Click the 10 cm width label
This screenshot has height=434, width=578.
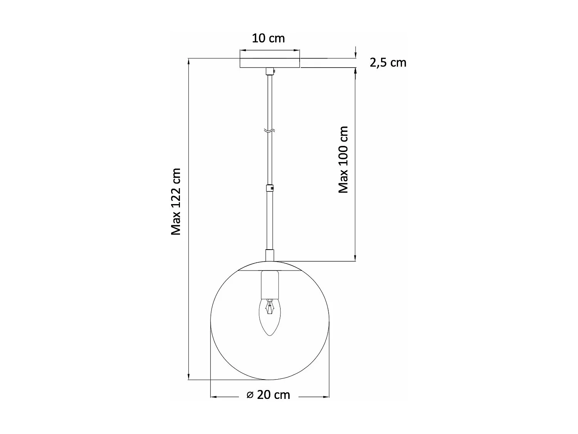(x=268, y=38)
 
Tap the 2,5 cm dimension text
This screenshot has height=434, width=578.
(x=388, y=62)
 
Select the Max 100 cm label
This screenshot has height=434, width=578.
(x=343, y=159)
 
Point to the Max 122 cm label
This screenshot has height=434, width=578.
(x=176, y=201)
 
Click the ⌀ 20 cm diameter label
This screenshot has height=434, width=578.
(x=268, y=395)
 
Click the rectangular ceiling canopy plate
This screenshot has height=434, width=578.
(x=270, y=63)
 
